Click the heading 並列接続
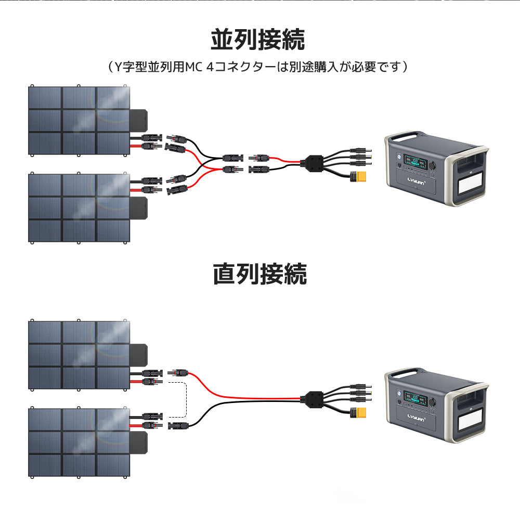258,40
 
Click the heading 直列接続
259,274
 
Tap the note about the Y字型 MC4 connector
258,67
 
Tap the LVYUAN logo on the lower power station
414,418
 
